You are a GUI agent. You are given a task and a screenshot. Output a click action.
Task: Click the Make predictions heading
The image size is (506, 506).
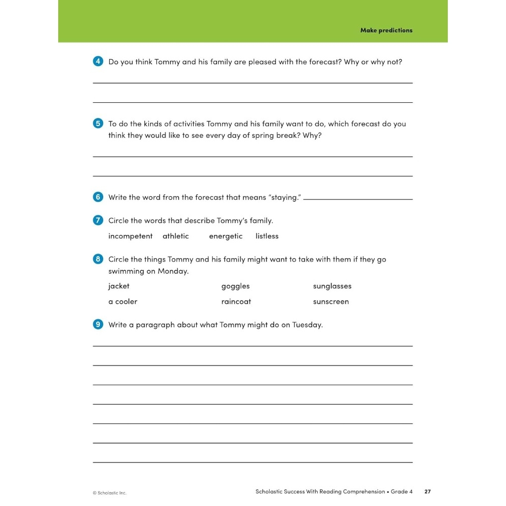pyautogui.click(x=386, y=30)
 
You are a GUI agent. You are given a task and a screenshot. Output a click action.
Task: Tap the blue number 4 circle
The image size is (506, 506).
pyautogui.click(x=98, y=62)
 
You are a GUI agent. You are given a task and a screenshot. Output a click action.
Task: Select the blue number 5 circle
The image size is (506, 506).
pyautogui.click(x=98, y=123)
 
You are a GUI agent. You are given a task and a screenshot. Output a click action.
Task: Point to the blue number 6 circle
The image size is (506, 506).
pyautogui.click(x=98, y=197)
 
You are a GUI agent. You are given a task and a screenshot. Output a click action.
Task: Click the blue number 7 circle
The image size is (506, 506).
pyautogui.click(x=98, y=221)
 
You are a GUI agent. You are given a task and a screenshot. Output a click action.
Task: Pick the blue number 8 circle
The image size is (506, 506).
pyautogui.click(x=98, y=259)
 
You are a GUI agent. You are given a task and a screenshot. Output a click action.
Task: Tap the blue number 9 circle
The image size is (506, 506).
pyautogui.click(x=98, y=324)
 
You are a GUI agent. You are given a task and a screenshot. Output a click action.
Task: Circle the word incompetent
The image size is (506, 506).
pyautogui.click(x=130, y=236)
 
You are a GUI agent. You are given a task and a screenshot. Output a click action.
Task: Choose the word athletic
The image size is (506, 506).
pyautogui.click(x=176, y=236)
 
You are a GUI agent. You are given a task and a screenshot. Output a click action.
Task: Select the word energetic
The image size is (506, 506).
pyautogui.click(x=226, y=236)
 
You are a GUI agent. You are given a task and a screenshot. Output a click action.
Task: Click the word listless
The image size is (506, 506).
pyautogui.click(x=267, y=236)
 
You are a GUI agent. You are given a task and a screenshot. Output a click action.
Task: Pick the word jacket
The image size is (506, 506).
pyautogui.click(x=119, y=286)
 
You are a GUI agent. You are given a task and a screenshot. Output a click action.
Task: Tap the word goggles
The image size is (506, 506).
pyautogui.click(x=235, y=286)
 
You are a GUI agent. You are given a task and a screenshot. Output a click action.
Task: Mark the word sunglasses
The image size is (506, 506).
pyautogui.click(x=332, y=286)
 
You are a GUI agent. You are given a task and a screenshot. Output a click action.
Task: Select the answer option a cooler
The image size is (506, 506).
pyautogui.click(x=122, y=302)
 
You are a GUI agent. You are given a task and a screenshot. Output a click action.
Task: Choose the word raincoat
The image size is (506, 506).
pyautogui.click(x=236, y=302)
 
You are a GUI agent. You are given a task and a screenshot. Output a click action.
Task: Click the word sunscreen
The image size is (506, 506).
pyautogui.click(x=331, y=302)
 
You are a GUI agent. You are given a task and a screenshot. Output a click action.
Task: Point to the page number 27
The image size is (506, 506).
pyautogui.click(x=428, y=491)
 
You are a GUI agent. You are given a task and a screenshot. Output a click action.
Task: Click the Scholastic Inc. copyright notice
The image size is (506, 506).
pyautogui.click(x=109, y=493)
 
